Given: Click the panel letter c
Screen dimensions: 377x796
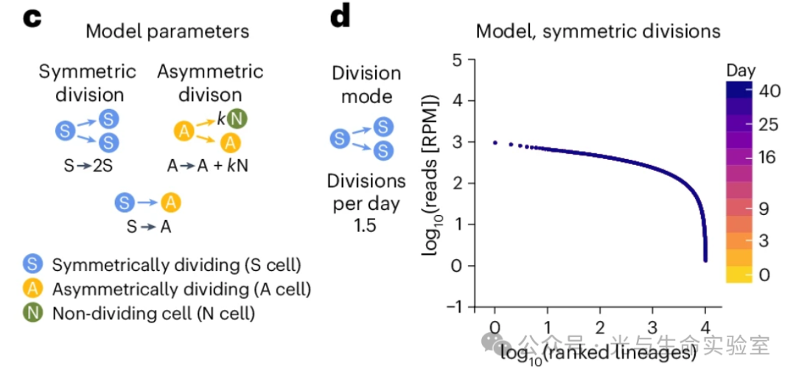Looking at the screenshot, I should point(30,18).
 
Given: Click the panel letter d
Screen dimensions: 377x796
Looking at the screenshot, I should point(340,18).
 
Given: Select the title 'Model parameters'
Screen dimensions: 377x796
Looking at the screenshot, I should point(167,32).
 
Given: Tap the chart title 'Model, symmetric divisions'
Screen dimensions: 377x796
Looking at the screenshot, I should point(598,32).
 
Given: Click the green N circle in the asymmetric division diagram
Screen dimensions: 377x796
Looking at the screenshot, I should point(236,118).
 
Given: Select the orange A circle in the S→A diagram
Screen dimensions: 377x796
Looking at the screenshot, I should point(170,202).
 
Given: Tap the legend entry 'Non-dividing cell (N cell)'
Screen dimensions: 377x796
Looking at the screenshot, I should point(153,313).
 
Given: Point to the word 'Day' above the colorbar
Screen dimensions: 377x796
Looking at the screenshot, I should point(741,70).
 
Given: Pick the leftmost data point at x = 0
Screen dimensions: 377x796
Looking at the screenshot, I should point(495,142).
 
